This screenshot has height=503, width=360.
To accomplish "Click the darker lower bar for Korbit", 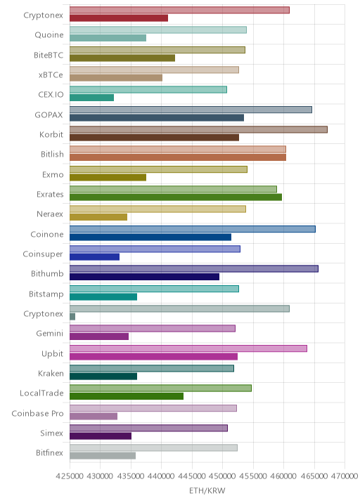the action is (x=154, y=138).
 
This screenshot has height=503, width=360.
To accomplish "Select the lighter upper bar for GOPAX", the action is (x=191, y=110).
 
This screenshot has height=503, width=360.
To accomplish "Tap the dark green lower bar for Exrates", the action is (x=176, y=197).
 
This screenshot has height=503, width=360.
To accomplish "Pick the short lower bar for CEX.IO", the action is (x=91, y=98).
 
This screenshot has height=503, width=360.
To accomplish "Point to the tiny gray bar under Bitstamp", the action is (x=72, y=317).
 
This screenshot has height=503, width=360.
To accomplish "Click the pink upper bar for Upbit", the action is (x=188, y=348).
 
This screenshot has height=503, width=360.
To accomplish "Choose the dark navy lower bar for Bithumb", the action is (x=145, y=277).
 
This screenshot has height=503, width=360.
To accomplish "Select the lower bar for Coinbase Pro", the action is (x=94, y=416).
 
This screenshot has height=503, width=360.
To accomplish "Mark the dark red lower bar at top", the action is (x=119, y=18).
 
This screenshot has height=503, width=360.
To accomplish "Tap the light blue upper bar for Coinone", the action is (x=193, y=229).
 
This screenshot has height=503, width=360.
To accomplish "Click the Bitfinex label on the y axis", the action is (x=49, y=452).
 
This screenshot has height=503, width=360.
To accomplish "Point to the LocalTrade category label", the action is (x=41, y=393).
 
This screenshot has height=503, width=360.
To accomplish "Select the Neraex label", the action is (x=50, y=214).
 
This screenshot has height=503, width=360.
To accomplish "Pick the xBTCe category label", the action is (x=51, y=74).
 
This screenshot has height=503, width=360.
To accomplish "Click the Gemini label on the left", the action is (x=50, y=333).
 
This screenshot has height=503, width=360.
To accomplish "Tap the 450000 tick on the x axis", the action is (x=223, y=476).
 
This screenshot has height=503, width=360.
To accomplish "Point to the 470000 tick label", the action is (x=345, y=476).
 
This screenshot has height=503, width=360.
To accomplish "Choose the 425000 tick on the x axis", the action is (x=70, y=476).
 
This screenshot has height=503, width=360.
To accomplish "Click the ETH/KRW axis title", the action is (x=207, y=490).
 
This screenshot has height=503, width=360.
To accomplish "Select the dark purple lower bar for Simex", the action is (x=101, y=436).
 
